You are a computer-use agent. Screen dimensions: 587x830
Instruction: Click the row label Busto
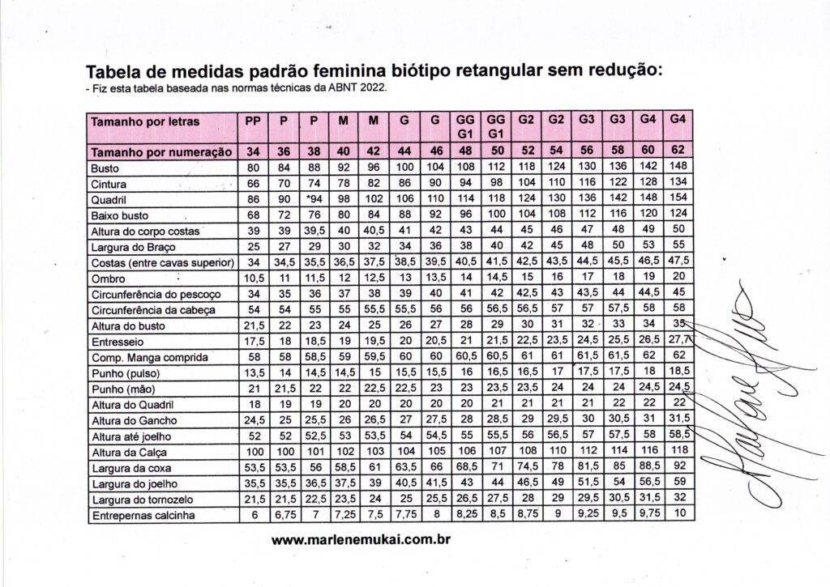pyautogui.click(x=105, y=168)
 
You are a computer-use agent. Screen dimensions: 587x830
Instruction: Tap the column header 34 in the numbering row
pyautogui.click(x=253, y=152)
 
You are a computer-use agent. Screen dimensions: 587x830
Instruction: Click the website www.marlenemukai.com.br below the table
pyautogui.click(x=361, y=539)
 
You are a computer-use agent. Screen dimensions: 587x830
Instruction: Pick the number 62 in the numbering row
pyautogui.click(x=678, y=152)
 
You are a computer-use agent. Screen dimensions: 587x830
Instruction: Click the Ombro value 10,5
pyautogui.click(x=253, y=279)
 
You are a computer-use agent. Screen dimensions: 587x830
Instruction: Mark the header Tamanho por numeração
pyautogui.click(x=162, y=152)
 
